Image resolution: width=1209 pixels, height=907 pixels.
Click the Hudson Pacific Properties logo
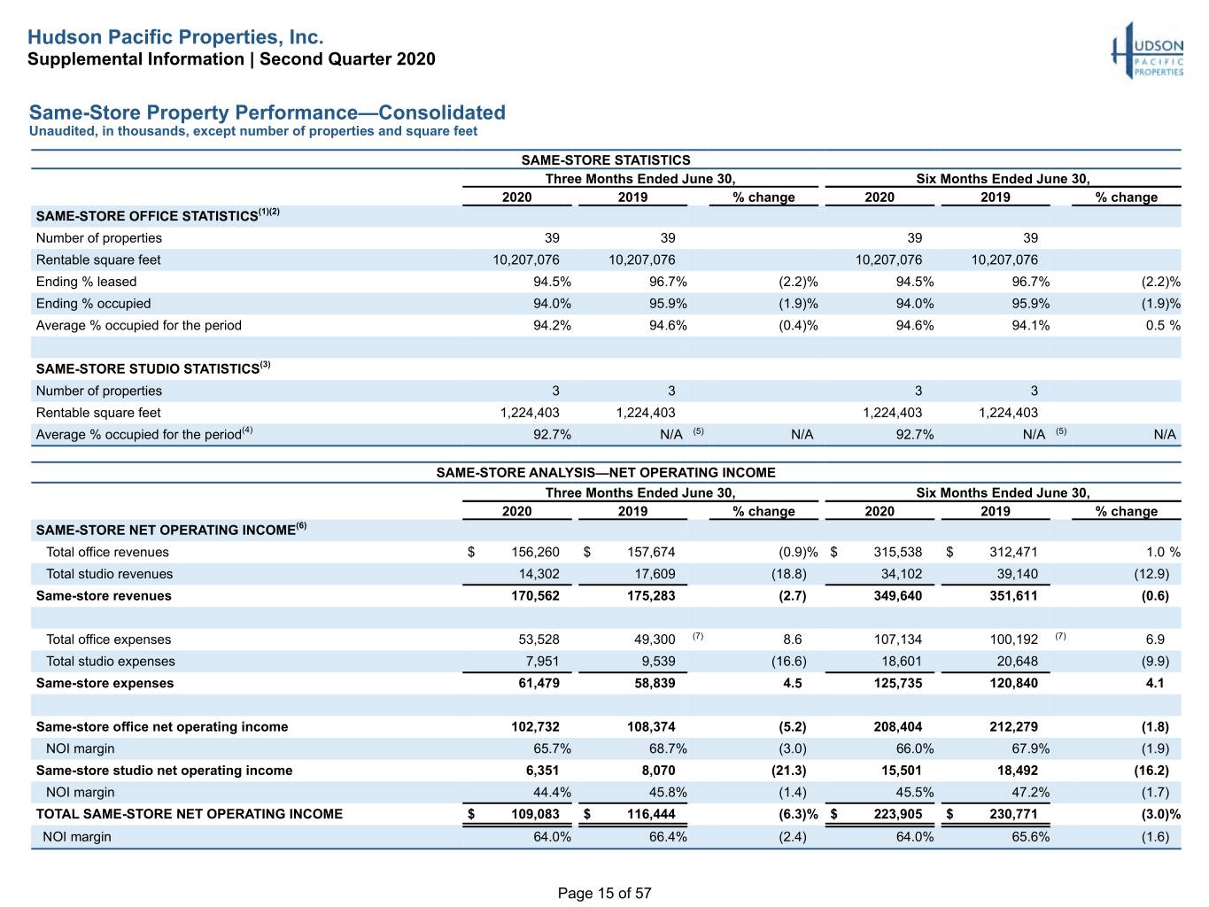pos(1147,50)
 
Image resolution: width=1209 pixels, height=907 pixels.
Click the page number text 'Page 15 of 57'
pos(604,893)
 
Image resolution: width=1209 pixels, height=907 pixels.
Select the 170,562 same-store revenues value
pos(535,595)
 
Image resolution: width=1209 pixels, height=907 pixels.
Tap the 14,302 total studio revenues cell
pos(539,574)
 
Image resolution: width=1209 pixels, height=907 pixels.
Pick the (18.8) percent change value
pos(788,574)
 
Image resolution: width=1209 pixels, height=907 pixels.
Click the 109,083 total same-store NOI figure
pos(535,813)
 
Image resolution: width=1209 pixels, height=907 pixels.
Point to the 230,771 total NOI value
pos(1013,813)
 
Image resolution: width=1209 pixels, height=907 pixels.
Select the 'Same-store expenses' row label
pos(105,683)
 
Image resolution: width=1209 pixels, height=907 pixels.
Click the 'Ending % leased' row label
pos(86,282)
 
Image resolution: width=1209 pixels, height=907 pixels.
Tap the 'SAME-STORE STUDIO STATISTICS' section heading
pos(148,368)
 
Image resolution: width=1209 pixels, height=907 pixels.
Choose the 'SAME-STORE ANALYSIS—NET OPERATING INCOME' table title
pos(605,472)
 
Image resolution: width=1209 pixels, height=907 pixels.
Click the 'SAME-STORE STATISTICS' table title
pos(605,159)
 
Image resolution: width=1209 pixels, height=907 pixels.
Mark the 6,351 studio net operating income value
pos(542,770)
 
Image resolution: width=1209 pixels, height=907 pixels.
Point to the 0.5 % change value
pos(1163,325)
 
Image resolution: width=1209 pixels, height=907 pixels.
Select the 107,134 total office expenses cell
pos(897,639)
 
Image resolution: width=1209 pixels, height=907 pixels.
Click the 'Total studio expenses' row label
pos(110,661)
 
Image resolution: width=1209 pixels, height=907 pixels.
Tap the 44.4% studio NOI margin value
pos(552,792)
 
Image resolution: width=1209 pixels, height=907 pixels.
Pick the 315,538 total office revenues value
pos(897,552)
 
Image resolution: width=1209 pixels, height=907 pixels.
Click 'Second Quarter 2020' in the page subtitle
pos(347,59)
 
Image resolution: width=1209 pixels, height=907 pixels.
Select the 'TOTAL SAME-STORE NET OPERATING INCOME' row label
pos(189,813)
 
